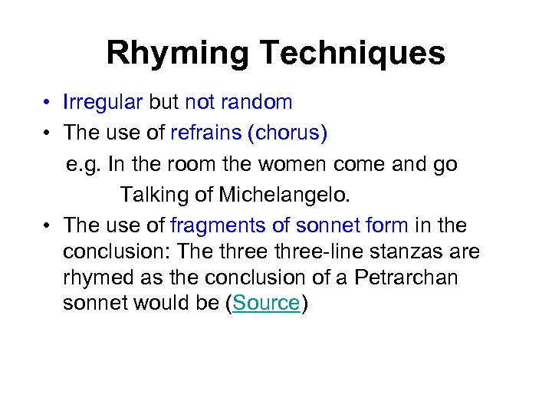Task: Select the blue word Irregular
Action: [x=103, y=102]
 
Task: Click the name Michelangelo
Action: [x=284, y=195]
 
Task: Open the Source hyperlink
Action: [x=266, y=303]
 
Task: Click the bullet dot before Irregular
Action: [x=47, y=103]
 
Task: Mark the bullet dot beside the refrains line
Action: [x=47, y=133]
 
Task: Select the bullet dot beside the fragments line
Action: [x=47, y=226]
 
